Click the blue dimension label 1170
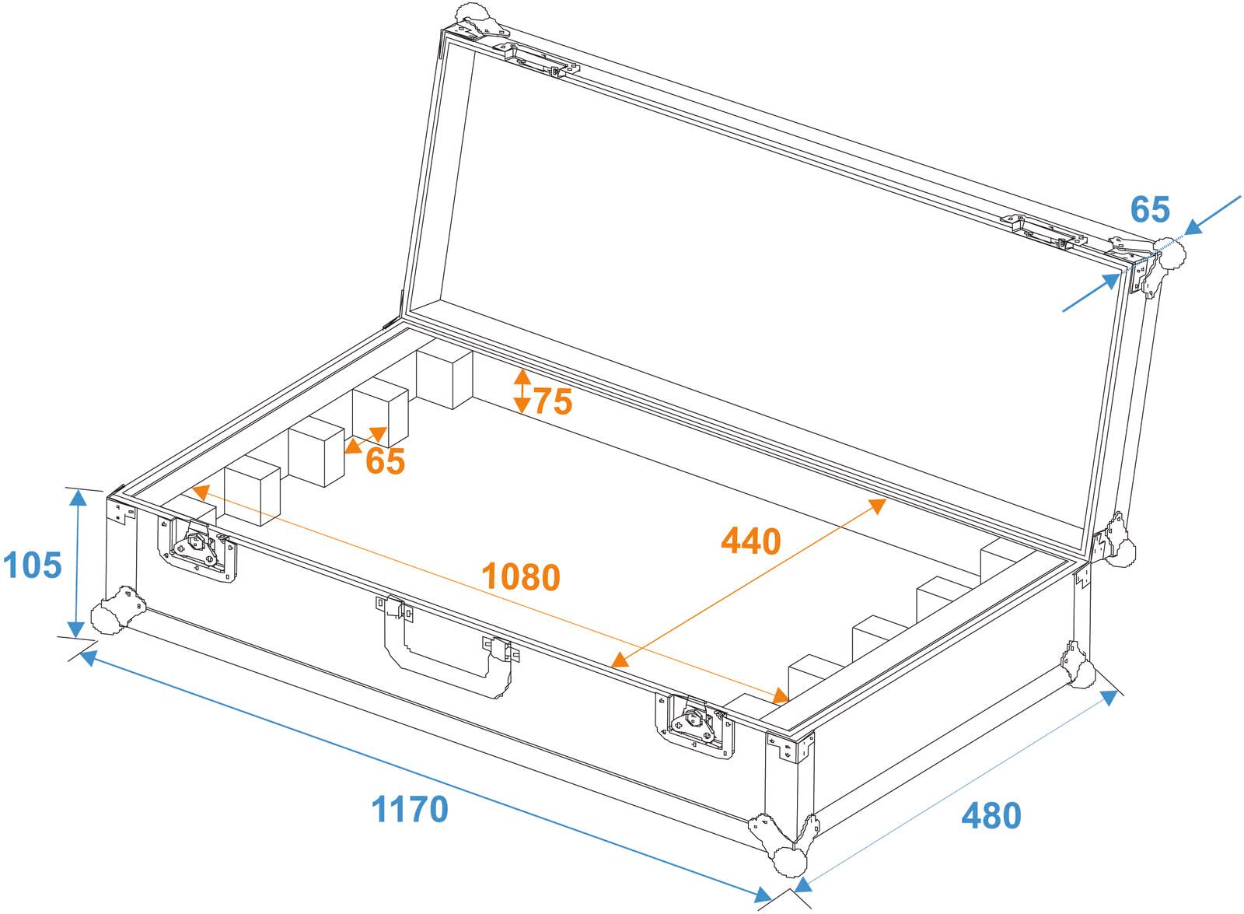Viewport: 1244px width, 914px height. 410,809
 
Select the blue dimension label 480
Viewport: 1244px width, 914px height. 991,815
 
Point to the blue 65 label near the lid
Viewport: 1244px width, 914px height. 1149,209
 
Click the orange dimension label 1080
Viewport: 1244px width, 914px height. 520,576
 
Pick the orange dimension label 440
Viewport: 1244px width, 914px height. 750,541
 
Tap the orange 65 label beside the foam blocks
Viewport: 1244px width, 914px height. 386,461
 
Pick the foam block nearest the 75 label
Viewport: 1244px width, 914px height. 444,378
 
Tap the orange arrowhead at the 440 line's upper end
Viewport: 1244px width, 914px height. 878,506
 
